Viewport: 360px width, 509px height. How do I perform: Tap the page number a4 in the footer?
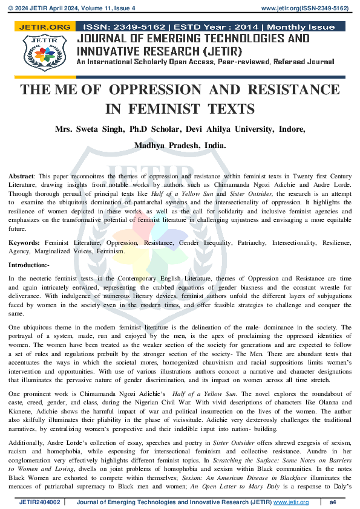point(332,502)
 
